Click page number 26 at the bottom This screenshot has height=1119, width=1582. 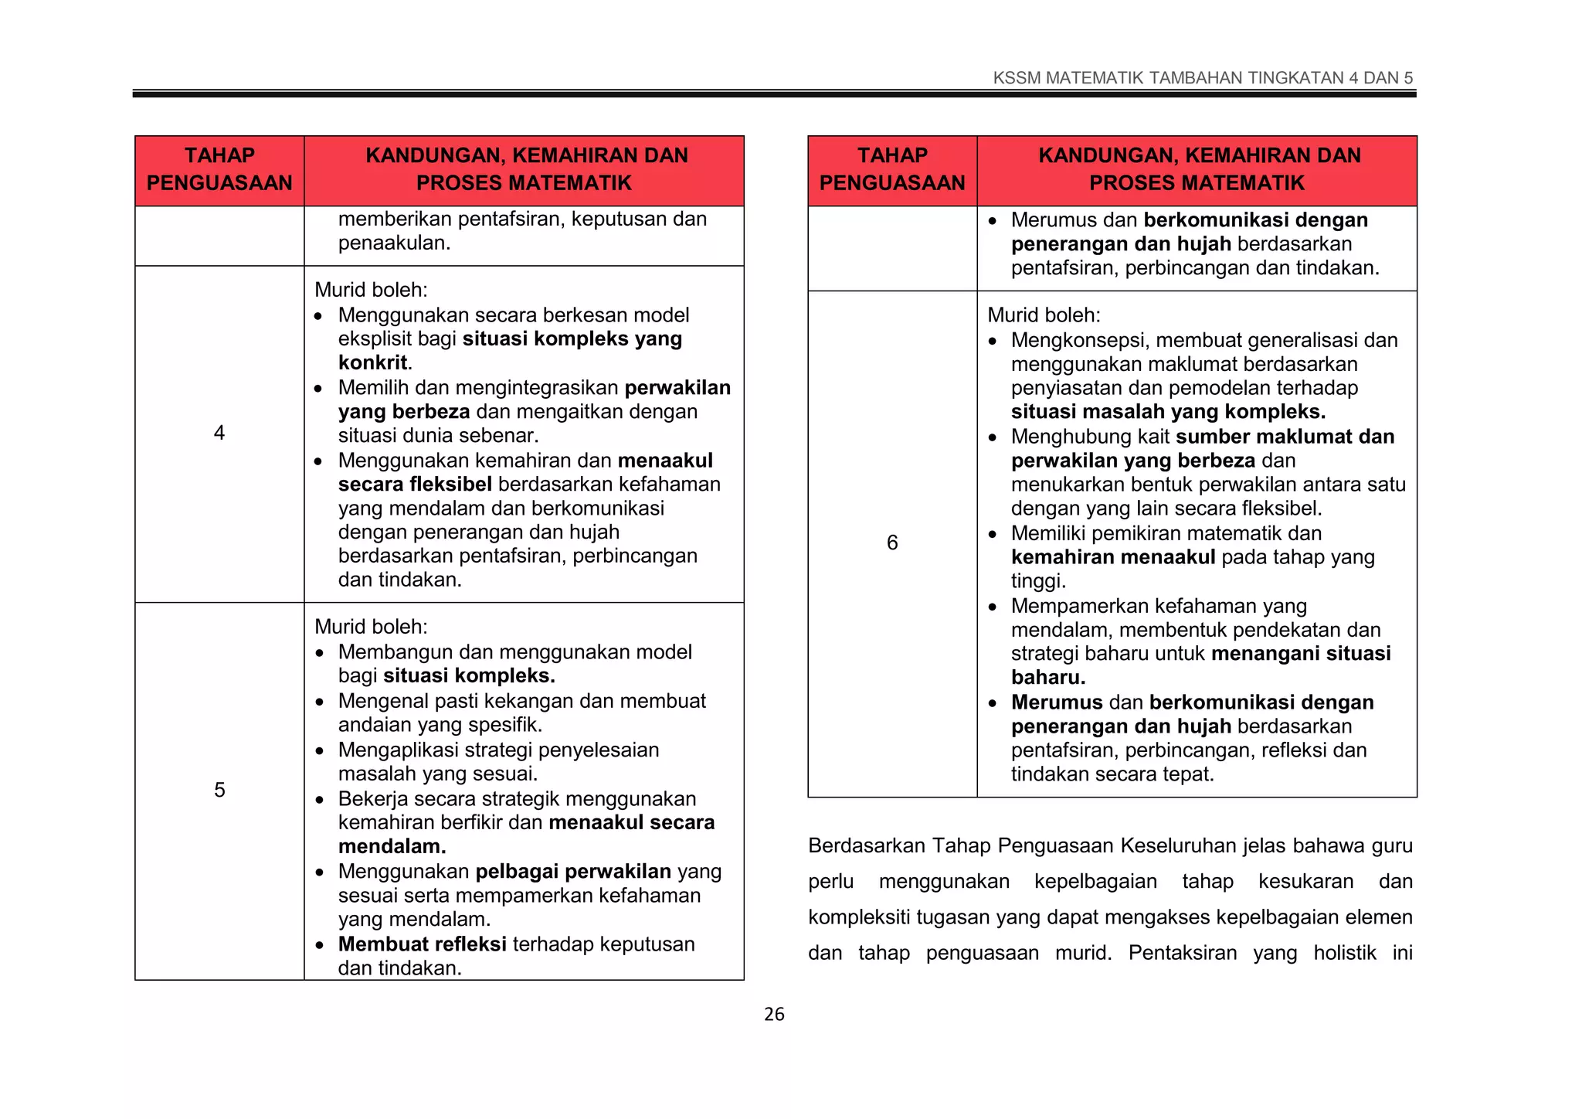pos(774,1014)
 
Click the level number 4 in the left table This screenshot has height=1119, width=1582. pos(219,433)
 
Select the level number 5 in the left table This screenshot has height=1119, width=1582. pos(219,790)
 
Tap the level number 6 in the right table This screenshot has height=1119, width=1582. pos(892,542)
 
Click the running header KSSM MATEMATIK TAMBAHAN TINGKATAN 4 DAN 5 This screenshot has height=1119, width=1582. pos(1202,78)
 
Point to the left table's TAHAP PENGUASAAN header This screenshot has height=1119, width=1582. pos(219,169)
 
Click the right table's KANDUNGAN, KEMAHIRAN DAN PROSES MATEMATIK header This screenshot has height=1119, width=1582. pos(1197,169)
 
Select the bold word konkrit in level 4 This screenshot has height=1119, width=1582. pos(373,362)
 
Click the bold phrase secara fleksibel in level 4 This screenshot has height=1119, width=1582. pos(415,485)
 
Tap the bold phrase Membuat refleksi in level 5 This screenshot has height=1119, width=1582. pos(422,944)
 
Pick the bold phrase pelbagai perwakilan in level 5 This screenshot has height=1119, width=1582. pos(573,872)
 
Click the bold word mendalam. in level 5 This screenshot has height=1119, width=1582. pos(392,847)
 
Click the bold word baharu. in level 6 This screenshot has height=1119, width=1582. pos(1048,678)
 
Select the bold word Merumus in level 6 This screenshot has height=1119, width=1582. pos(1057,702)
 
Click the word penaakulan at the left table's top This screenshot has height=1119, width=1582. pos(394,243)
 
